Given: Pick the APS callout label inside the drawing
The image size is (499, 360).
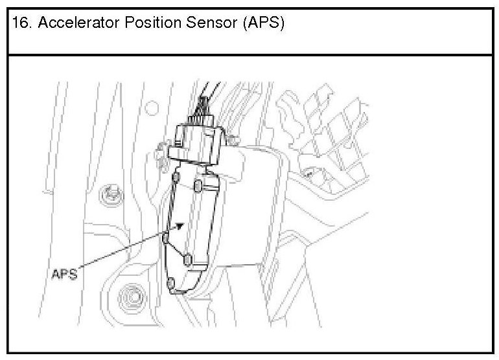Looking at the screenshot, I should point(64,273).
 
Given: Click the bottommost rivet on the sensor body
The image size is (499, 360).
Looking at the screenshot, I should point(171,283).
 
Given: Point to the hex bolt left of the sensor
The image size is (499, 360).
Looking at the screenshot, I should point(111,193).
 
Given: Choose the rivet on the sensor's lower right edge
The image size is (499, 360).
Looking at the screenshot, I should point(188,259).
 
